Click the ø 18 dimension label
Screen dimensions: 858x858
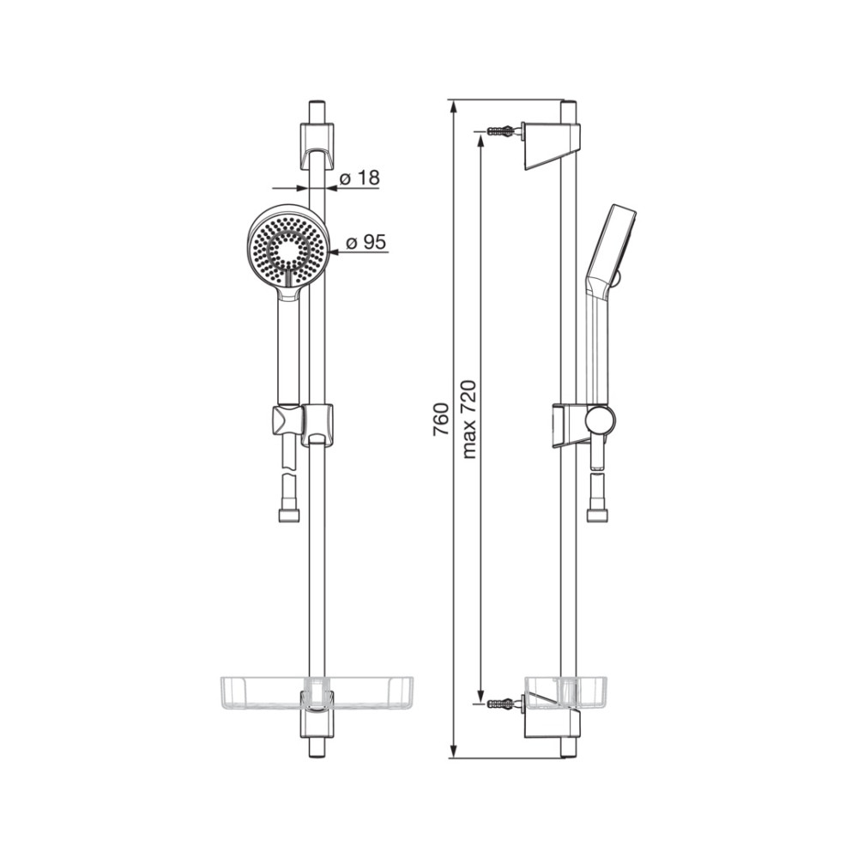tap(360, 178)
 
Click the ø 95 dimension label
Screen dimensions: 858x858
tap(366, 243)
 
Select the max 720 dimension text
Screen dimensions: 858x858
tap(469, 420)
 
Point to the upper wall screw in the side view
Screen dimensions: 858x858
tap(500, 130)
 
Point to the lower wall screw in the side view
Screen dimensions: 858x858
tap(500, 701)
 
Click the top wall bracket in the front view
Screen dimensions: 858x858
tap(317, 146)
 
